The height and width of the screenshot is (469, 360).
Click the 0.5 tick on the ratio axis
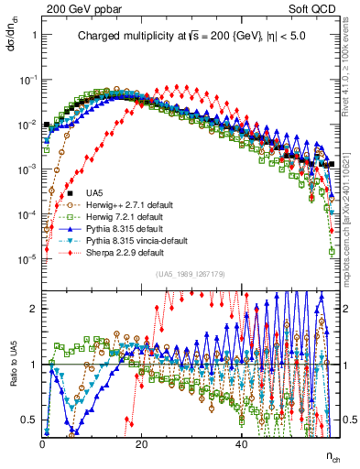click(x=30, y=420)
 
